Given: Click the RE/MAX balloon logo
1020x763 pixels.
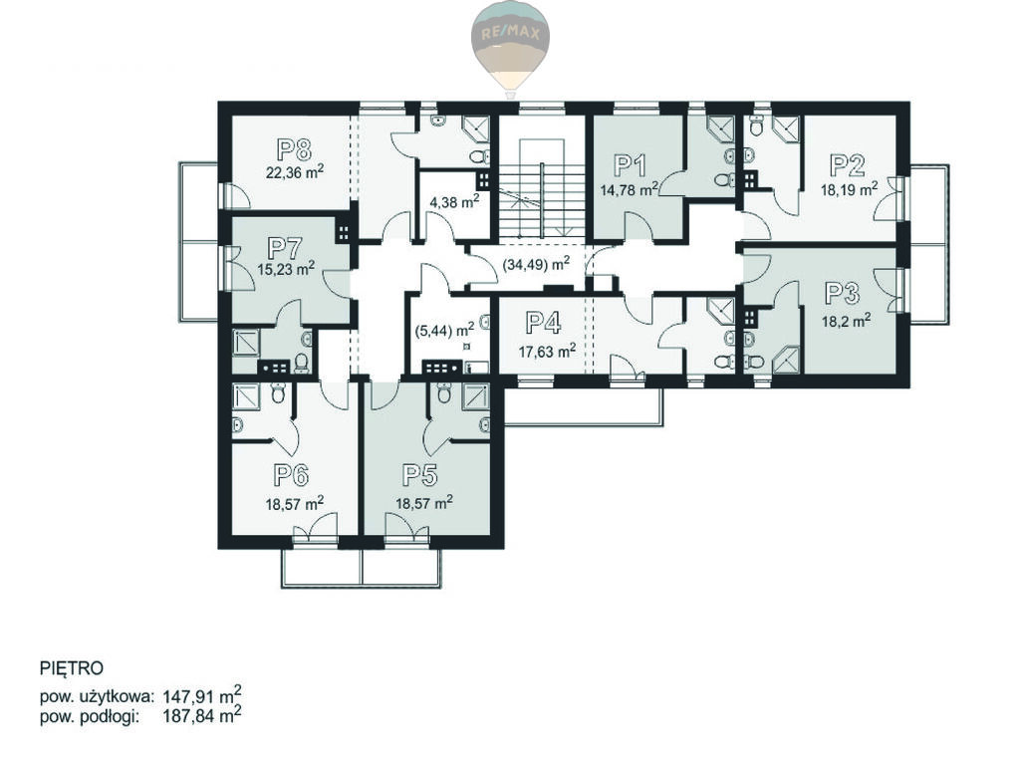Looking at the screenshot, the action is pos(510,48).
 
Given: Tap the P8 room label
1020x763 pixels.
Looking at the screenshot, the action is pos(294,149).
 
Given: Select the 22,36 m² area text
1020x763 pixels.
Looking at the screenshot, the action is pos(295,172).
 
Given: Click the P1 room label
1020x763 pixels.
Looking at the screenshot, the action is pos(631,166).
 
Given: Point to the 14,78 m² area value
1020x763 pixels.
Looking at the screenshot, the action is pos(630,189).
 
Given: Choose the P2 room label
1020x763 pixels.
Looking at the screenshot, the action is pos(848,165).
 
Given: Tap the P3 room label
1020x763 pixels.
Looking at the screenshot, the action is pos(842,294).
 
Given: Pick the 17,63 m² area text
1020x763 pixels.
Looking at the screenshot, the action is pos(547,352).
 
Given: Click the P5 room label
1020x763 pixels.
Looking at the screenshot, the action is pos(419,475).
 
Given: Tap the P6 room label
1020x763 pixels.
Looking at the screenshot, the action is pos(290,475).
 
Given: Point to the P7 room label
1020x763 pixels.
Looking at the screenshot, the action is pos(285,248).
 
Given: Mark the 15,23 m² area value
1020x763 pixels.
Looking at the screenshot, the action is pos(287,269).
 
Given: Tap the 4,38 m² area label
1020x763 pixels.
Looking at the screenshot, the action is pos(454,201).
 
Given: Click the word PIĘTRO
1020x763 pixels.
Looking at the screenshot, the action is pos(72,668).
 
